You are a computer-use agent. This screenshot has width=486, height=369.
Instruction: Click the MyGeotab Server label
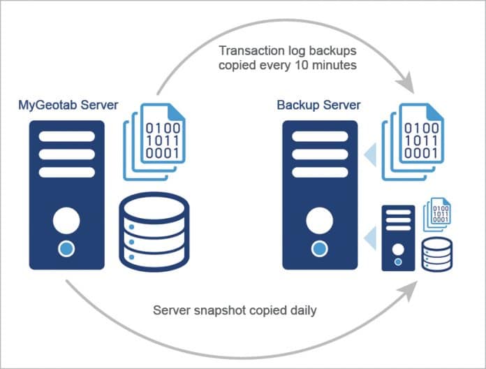[68, 106]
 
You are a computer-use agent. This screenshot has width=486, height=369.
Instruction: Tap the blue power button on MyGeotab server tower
[67, 247]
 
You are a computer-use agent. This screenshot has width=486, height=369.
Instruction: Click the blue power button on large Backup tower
[319, 247]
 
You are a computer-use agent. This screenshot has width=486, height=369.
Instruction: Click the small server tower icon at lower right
[397, 238]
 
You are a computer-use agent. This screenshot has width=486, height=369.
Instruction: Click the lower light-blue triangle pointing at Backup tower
[370, 240]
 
